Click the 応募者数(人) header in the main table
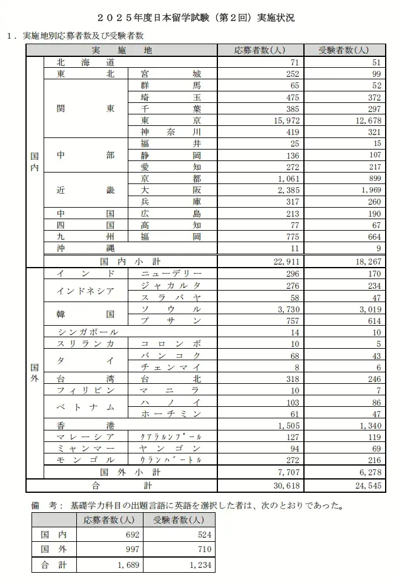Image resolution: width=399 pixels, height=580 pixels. coord(260,50)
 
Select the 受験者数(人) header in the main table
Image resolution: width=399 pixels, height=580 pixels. coord(343,50)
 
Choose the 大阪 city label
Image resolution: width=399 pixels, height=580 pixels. coord(170,190)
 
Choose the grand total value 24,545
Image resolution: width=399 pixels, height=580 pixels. coord(364,484)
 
